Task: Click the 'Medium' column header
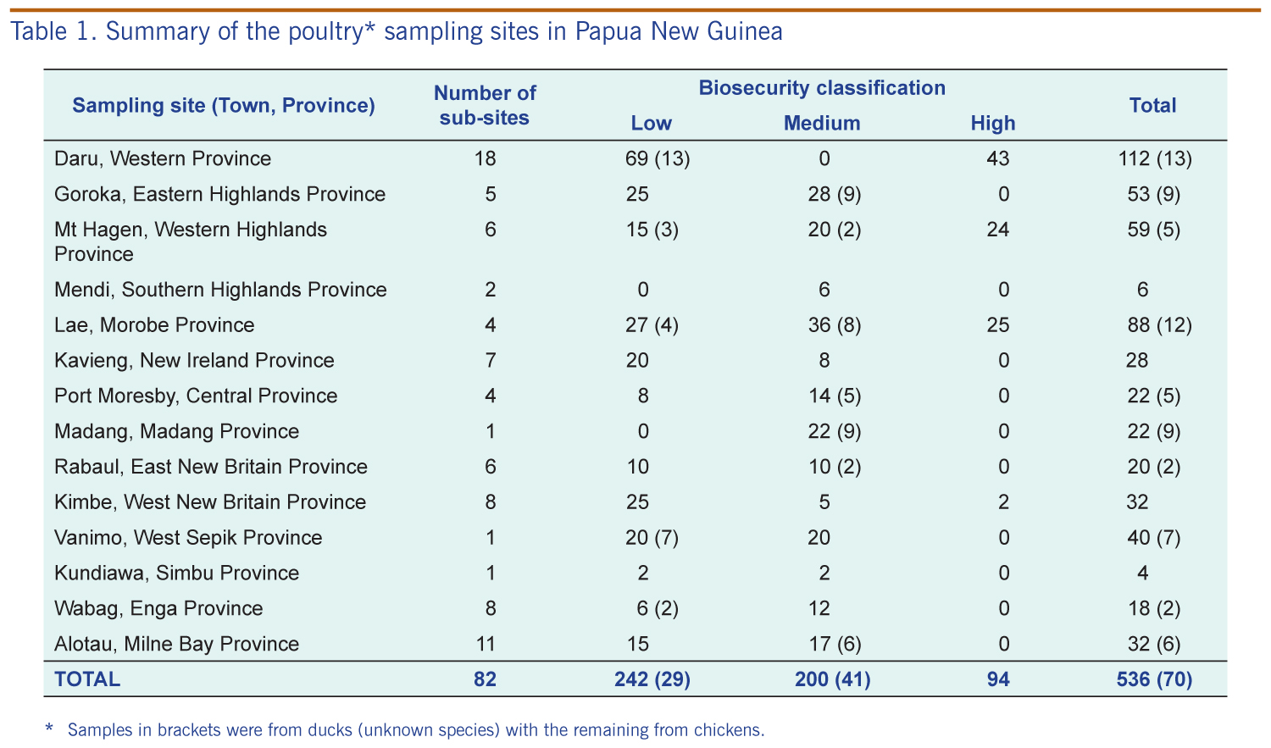(x=822, y=123)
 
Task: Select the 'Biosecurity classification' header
(x=822, y=88)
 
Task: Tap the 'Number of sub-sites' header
(x=485, y=105)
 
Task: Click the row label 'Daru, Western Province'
(x=163, y=158)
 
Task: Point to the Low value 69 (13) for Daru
(x=658, y=158)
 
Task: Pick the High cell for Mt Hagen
(x=997, y=229)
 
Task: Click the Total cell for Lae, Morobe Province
(x=1159, y=325)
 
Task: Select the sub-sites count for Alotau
(x=486, y=644)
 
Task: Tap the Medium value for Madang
(x=834, y=431)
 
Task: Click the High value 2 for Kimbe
(x=1003, y=501)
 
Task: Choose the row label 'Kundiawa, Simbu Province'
(x=176, y=573)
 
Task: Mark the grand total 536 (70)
(x=1154, y=679)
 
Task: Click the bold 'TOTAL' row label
(x=86, y=679)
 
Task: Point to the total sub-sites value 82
(x=486, y=679)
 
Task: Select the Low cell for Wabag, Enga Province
(x=657, y=608)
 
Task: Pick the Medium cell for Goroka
(x=834, y=194)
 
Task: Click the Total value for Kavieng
(x=1137, y=360)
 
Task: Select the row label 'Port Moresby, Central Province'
(x=196, y=396)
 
